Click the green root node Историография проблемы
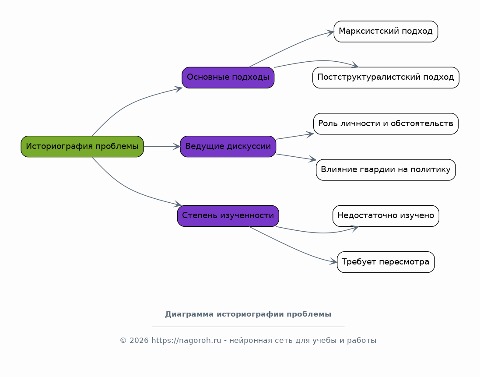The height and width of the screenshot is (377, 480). pyautogui.click(x=82, y=146)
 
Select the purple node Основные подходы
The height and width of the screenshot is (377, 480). pyautogui.click(x=228, y=78)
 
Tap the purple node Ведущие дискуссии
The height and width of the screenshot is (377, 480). pyautogui.click(x=228, y=146)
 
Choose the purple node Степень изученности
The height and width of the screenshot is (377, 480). pyautogui.click(x=228, y=216)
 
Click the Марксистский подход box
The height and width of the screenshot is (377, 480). pyautogui.click(x=386, y=32)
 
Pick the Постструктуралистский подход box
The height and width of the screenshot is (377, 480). pyautogui.click(x=386, y=78)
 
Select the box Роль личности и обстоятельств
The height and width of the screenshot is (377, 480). pyautogui.click(x=386, y=124)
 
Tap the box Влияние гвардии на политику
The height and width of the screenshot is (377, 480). pyautogui.click(x=386, y=169)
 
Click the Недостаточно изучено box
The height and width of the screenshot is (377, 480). pyautogui.click(x=386, y=216)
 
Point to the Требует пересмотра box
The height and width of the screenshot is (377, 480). pyautogui.click(x=386, y=262)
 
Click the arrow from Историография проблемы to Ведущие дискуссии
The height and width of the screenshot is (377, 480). pyautogui.click(x=162, y=146)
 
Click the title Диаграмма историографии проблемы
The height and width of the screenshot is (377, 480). pyautogui.click(x=248, y=314)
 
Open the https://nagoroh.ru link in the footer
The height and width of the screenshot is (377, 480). pyautogui.click(x=186, y=341)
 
